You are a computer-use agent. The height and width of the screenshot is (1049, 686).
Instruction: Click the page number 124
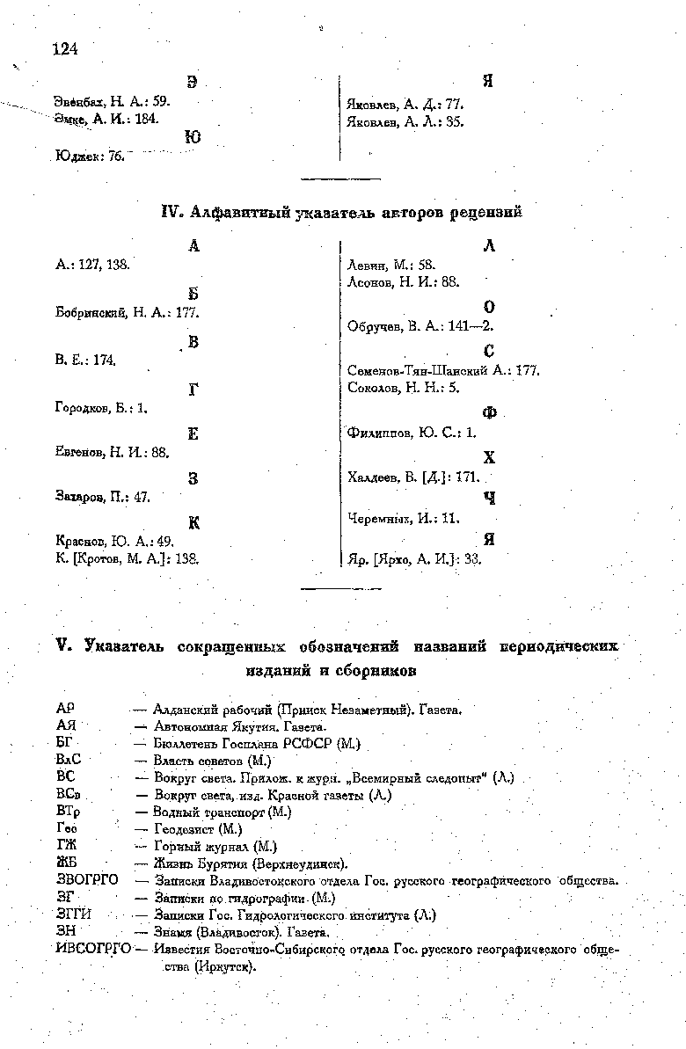pyautogui.click(x=65, y=49)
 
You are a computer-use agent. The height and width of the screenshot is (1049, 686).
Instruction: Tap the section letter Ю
pyautogui.click(x=193, y=138)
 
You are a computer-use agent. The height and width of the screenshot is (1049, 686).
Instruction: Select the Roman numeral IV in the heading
pyautogui.click(x=173, y=212)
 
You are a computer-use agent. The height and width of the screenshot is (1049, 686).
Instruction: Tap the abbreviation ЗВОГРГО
pyautogui.click(x=86, y=879)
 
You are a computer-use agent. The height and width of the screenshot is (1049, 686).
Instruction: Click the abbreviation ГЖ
pyautogui.click(x=66, y=846)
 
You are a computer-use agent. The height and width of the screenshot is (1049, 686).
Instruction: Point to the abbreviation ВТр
pyautogui.click(x=68, y=812)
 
